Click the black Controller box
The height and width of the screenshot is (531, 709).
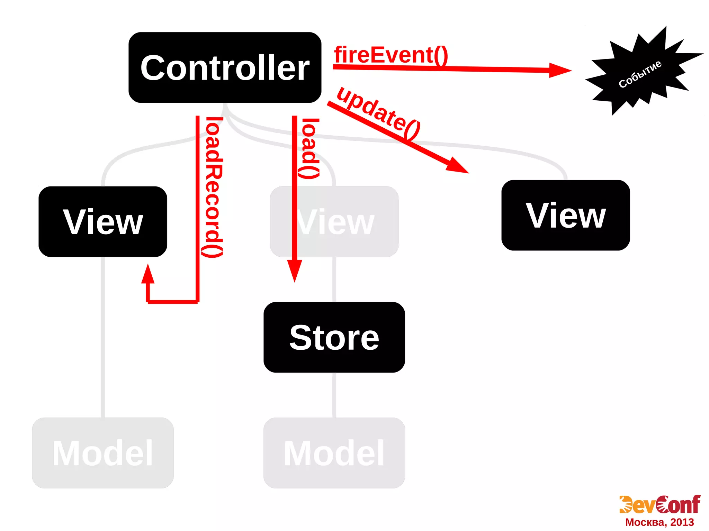click(225, 67)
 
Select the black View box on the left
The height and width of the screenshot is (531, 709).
click(103, 221)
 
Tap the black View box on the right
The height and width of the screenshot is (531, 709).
click(565, 215)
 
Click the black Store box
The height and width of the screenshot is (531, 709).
click(334, 337)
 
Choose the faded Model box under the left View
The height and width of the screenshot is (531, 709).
click(103, 452)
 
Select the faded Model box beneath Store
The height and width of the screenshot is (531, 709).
click(334, 452)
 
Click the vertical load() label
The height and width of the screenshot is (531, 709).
click(309, 149)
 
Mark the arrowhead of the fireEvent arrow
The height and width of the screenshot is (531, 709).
click(561, 70)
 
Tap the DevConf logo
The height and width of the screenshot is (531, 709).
click(659, 505)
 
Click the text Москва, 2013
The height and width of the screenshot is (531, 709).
click(659, 522)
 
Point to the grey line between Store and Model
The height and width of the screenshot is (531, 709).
click(334, 394)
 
